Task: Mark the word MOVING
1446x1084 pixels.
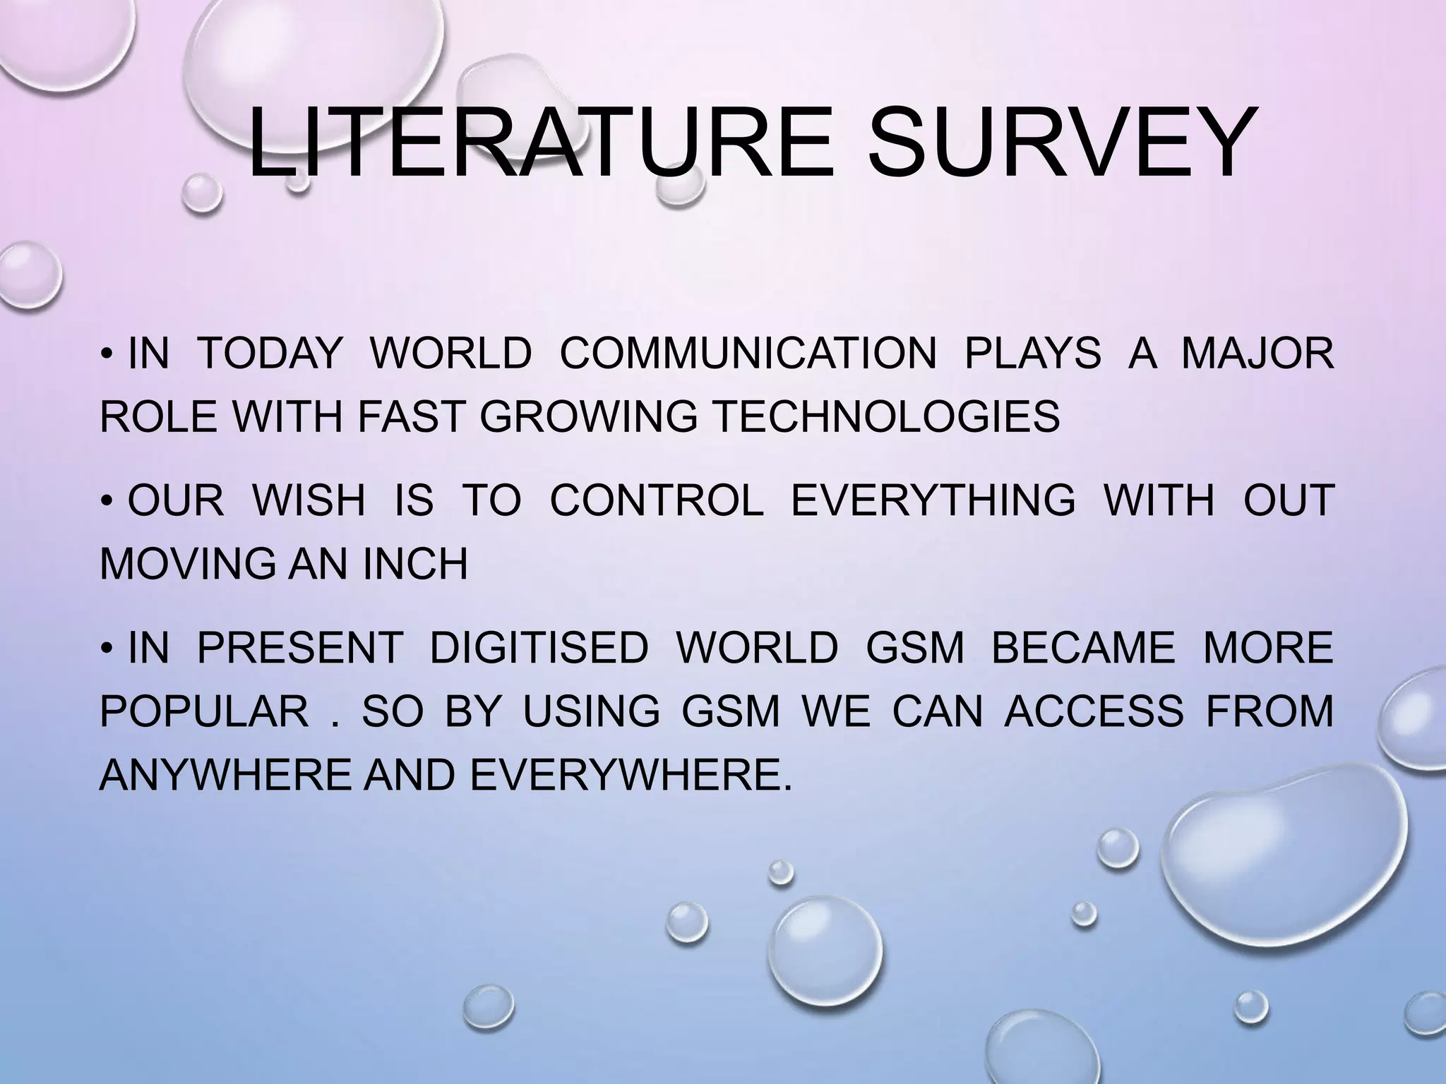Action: [x=189, y=563]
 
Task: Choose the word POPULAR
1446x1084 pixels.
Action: [x=204, y=710]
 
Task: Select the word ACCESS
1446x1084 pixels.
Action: [x=1094, y=710]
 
